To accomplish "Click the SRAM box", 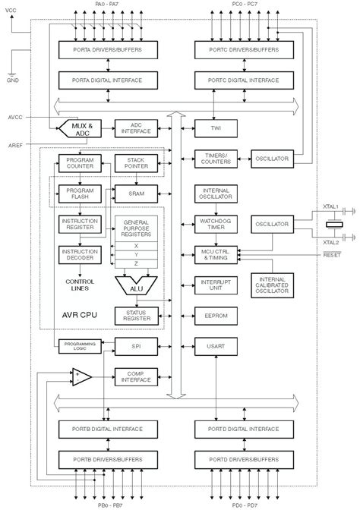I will [x=136, y=194].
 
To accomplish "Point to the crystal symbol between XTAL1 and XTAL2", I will [x=330, y=225].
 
